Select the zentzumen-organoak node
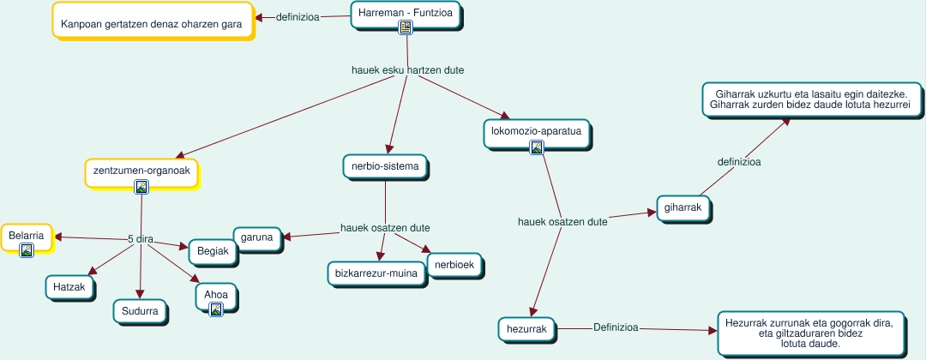tap(141, 171)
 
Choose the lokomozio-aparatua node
tap(537, 132)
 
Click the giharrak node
tap(684, 208)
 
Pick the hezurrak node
tap(527, 328)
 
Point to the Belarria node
tap(27, 235)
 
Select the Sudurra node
tap(140, 311)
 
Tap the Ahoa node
tap(216, 295)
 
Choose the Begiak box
tap(212, 251)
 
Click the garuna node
tap(257, 238)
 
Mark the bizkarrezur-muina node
tap(377, 274)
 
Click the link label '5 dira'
tap(140, 239)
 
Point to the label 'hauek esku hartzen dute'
tap(408, 69)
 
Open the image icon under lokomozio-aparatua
tap(537, 147)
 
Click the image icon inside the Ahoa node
tap(216, 309)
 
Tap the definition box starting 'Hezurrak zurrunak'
tap(809, 333)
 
